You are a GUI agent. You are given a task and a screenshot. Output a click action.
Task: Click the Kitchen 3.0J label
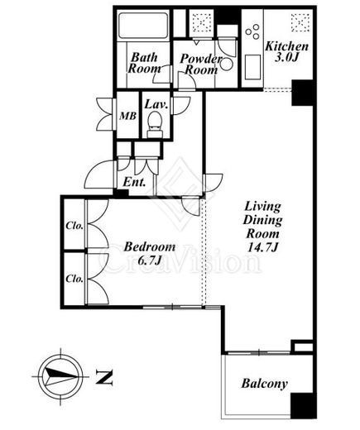[286, 51]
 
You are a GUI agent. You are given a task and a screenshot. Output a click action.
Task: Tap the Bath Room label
[144, 63]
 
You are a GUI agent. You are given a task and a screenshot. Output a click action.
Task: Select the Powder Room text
[201, 64]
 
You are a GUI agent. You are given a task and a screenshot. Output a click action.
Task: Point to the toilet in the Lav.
[155, 124]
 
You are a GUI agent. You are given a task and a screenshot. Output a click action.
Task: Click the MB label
[127, 116]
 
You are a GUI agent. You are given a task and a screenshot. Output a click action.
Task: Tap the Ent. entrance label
[134, 182]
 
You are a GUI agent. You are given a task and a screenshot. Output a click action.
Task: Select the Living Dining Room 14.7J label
[262, 227]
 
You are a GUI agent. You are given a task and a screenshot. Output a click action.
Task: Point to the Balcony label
[264, 384]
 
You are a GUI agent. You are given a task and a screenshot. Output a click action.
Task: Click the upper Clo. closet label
[74, 226]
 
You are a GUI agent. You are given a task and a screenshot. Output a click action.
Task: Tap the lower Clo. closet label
[74, 279]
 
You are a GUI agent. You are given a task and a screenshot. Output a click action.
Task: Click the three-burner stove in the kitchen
[252, 31]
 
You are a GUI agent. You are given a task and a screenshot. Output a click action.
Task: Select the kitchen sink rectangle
[252, 68]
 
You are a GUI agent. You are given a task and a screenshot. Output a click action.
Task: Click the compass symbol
[60, 376]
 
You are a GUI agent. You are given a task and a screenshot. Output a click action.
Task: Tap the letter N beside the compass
[104, 377]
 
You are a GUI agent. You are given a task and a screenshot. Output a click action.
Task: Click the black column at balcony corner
[302, 405]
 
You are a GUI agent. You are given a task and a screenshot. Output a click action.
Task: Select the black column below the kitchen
[302, 93]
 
